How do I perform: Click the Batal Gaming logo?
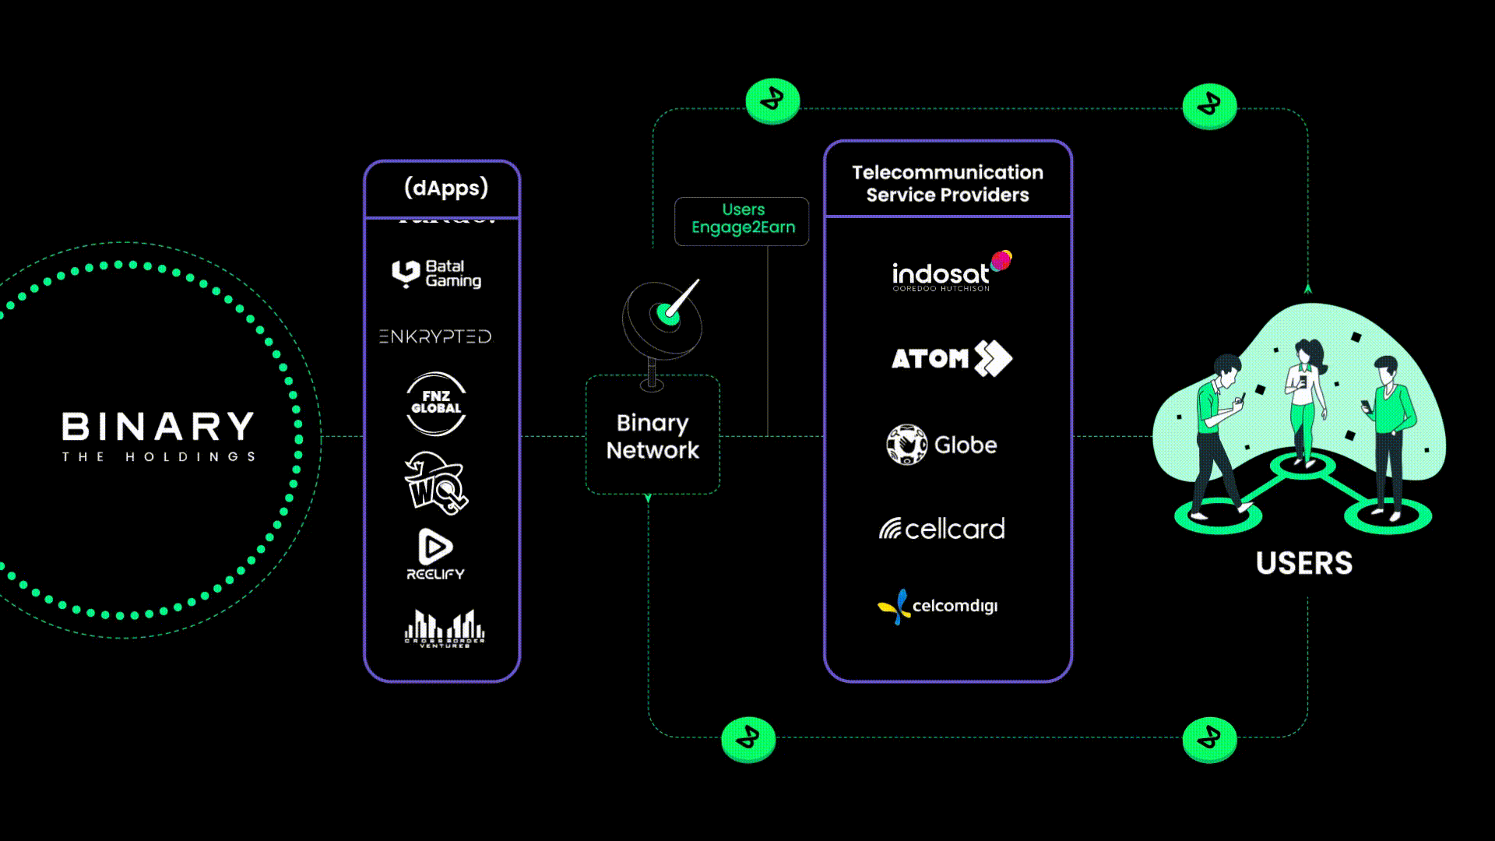coord(436,274)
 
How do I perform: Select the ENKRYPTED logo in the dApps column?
coord(435,336)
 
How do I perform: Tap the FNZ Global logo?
coord(436,403)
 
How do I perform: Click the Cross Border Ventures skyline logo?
coord(445,628)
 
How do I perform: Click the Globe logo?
coord(941,445)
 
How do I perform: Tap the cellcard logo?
coord(942,529)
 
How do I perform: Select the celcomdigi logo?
coord(937,606)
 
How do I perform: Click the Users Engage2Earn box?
coord(742,221)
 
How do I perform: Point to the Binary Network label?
coord(653,436)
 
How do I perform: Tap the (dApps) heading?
coord(445,188)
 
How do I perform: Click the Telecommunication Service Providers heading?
coord(947,184)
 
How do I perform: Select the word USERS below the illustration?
coord(1303,563)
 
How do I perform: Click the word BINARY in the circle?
coord(158,427)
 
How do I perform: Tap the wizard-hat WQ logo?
coord(435,483)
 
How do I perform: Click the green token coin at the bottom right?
coord(1208,738)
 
